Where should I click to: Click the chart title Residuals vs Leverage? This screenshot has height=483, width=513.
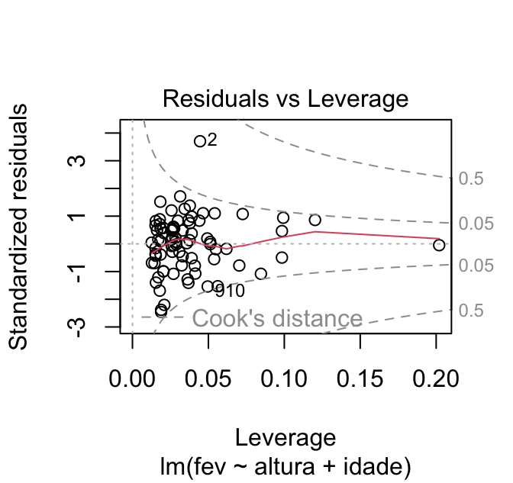tap(286, 99)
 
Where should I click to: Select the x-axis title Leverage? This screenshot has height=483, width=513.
tap(286, 437)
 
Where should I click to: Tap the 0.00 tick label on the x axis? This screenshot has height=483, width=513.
tap(133, 378)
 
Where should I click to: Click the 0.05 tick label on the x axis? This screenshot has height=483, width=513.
tap(208, 378)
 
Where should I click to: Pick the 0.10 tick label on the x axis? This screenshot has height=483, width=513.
tap(284, 378)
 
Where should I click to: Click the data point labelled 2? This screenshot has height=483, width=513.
tap(200, 141)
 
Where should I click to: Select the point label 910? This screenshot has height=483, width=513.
tap(229, 291)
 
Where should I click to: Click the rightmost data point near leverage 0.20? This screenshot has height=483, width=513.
tap(438, 245)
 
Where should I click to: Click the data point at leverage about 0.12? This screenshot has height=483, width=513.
tap(315, 220)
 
